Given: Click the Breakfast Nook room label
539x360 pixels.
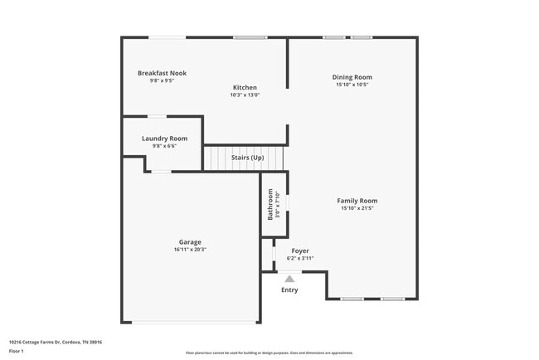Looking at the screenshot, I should [162, 73].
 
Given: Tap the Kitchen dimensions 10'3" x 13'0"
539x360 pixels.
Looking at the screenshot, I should [245, 95].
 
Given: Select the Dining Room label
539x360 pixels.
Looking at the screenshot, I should [352, 77].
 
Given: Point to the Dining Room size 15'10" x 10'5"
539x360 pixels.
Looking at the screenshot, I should [352, 85].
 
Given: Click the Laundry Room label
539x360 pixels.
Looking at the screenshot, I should [164, 139].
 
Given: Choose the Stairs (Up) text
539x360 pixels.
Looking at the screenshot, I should [247, 158].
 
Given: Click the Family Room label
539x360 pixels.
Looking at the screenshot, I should [357, 201].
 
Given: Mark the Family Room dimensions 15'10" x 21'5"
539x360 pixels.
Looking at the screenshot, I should [357, 208].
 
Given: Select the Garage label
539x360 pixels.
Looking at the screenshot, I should [190, 242].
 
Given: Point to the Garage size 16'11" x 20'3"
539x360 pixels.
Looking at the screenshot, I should [190, 250].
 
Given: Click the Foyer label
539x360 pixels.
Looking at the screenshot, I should [300, 251].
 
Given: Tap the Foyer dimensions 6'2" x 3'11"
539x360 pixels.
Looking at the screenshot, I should [300, 258].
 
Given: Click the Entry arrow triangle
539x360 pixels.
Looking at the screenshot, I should [289, 279].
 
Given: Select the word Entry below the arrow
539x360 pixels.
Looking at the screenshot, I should [289, 289].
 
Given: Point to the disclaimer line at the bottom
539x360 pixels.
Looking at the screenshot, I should [269, 353].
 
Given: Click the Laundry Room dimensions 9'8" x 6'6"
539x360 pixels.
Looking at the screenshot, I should [164, 146].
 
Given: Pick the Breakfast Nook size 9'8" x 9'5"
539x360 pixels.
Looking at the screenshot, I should [162, 80].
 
